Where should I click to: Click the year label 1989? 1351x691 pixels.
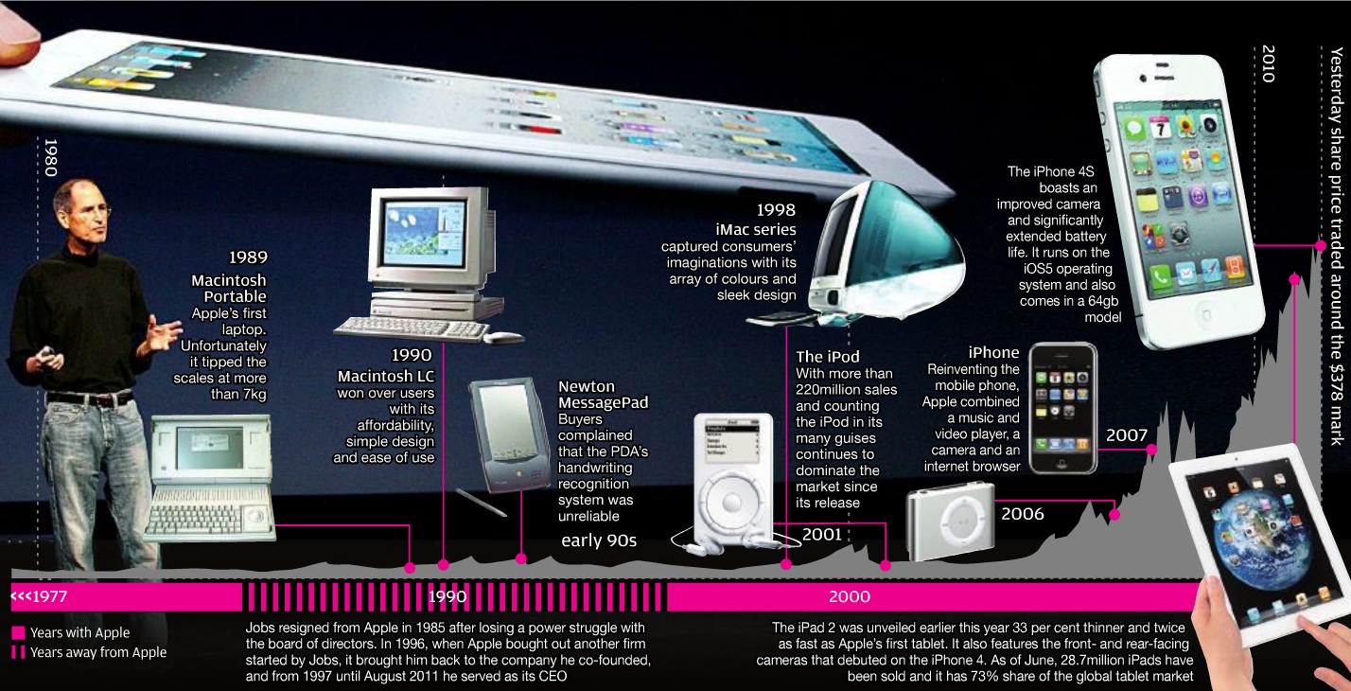coord(248,257)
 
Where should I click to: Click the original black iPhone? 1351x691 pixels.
coord(1062,408)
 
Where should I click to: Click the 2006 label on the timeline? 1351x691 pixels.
coord(1023,514)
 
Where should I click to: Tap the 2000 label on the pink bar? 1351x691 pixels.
coord(849,597)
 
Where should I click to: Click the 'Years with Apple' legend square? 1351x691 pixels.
coord(18,633)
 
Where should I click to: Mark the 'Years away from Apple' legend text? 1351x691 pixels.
coord(98,652)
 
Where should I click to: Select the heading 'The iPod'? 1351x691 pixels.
coord(828,357)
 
